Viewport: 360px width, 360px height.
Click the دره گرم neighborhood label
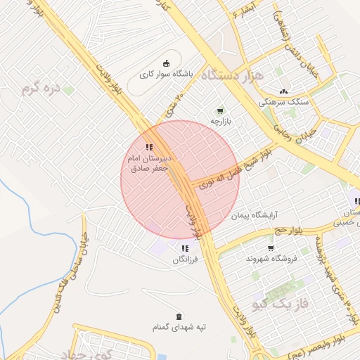pos(43,88)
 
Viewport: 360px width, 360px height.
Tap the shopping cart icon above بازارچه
pos(221,110)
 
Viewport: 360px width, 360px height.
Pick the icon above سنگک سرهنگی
pos(283,91)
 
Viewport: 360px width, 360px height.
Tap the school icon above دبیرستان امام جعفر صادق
pos(149,147)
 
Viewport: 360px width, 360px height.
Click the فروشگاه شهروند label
pos(271,259)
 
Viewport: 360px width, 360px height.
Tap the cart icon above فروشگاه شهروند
pos(271,248)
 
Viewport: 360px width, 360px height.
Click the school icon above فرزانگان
pos(185,248)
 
